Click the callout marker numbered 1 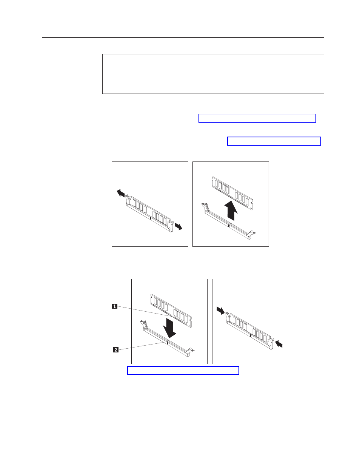coord(115,306)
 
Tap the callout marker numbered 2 coord(116,350)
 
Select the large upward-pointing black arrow coord(231,211)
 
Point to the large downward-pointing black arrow coord(169,328)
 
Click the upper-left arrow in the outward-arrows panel coord(121,193)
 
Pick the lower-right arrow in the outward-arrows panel coord(178,226)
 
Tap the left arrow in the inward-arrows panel coord(221,311)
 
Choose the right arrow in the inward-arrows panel coord(279,344)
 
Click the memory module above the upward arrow coord(232,193)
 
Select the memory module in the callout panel coord(171,311)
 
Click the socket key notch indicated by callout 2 coord(167,343)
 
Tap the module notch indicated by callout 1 coord(172,316)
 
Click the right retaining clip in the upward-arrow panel coord(252,234)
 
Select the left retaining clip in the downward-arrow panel coord(144,324)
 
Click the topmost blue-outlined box coord(257,118)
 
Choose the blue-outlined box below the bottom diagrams coord(183,371)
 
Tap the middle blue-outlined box coord(274,141)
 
